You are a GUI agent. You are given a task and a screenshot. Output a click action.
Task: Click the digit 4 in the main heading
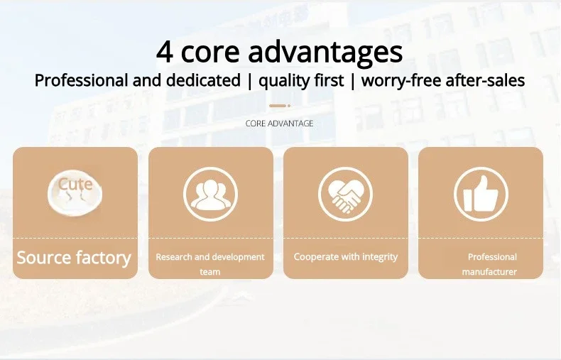click(165, 52)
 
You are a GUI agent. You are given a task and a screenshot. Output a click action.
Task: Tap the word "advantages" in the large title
click(325, 53)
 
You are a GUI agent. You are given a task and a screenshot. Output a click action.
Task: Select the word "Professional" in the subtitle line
click(81, 80)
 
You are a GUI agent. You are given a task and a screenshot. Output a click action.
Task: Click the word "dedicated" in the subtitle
click(203, 80)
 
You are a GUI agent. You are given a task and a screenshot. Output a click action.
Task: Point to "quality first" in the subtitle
click(301, 80)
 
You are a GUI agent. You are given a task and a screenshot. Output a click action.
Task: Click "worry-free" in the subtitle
click(401, 80)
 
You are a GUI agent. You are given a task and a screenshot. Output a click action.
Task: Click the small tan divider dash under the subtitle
click(279, 106)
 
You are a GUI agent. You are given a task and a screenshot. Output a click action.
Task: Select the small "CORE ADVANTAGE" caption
click(279, 124)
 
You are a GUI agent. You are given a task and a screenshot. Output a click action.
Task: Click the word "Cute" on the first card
click(75, 184)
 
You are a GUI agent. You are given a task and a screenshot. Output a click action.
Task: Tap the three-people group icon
click(210, 195)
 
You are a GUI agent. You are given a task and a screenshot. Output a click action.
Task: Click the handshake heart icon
click(345, 195)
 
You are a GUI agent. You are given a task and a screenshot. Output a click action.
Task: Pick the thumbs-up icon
click(481, 195)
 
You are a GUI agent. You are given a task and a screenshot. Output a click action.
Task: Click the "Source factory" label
click(74, 258)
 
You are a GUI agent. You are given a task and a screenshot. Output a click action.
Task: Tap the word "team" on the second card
click(210, 272)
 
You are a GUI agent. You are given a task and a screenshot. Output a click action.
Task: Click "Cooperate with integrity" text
click(346, 257)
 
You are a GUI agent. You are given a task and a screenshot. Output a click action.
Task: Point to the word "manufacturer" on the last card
click(489, 272)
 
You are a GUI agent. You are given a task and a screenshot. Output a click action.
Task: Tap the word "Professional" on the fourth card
click(492, 257)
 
